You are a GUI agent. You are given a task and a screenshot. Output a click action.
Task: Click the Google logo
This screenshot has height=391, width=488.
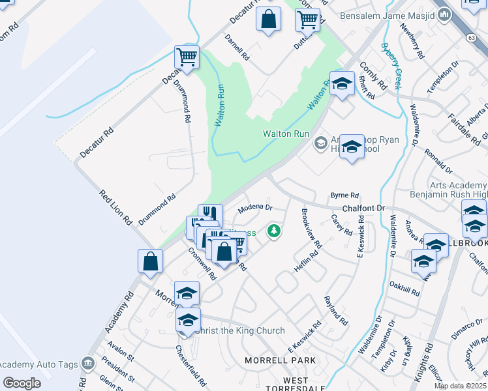click(x=21, y=383)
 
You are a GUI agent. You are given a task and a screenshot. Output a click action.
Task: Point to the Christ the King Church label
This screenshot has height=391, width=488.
click(x=240, y=330)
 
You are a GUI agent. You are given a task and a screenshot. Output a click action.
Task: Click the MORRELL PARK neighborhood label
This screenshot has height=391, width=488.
click(x=280, y=360)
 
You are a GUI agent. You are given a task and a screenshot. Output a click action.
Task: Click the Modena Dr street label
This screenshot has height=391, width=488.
click(x=254, y=209)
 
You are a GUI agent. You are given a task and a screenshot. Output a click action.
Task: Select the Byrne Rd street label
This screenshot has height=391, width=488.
click(x=345, y=195)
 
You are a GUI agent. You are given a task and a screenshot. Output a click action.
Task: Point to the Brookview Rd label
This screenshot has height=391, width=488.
click(x=311, y=227)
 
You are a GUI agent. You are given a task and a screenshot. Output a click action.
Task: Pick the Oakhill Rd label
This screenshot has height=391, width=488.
click(x=404, y=288)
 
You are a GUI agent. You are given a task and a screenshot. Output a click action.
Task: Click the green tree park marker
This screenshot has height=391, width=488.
click(x=275, y=231)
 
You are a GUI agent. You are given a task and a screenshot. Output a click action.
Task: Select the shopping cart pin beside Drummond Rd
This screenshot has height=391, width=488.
click(x=187, y=57)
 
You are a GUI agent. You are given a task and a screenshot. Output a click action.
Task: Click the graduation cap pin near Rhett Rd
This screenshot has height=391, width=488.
click(x=341, y=83)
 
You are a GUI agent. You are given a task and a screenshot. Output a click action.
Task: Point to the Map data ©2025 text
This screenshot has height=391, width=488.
click(x=461, y=386)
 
